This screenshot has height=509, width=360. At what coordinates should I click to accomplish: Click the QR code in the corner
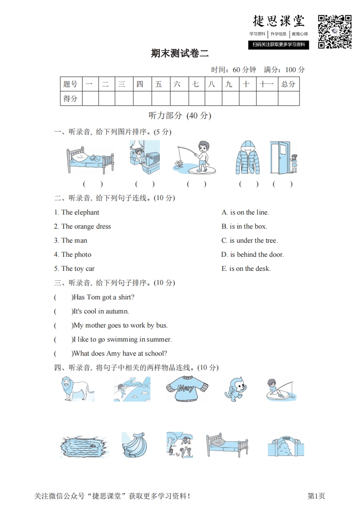tap(335, 31)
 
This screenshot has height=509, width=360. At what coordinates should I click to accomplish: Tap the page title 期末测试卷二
tap(180, 54)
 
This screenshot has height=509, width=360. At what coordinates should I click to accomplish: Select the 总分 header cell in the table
tap(288, 84)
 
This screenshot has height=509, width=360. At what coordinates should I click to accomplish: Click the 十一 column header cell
tap(266, 84)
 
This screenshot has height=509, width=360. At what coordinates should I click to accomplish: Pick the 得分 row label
tap(71, 98)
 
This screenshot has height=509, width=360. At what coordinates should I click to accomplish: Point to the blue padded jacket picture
tap(248, 157)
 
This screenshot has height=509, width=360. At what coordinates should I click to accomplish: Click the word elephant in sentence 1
tap(86, 212)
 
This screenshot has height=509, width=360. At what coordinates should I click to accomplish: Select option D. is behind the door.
tap(252, 254)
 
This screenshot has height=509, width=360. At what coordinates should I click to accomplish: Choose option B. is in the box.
tap(244, 226)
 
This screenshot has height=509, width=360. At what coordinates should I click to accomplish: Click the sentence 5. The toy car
tap(74, 269)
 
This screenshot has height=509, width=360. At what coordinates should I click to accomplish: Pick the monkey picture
tap(235, 389)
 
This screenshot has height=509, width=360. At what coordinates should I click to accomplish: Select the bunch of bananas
tap(135, 445)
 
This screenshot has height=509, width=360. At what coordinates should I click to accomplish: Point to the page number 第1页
tap(316, 496)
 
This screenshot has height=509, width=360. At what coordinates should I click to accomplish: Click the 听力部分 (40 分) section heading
tap(180, 116)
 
